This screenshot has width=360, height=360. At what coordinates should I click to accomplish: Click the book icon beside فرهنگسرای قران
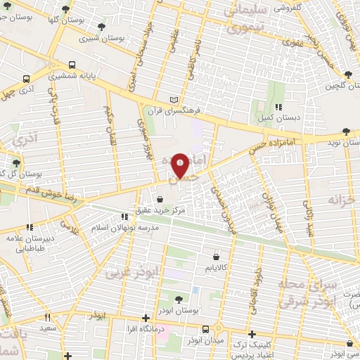(174, 101)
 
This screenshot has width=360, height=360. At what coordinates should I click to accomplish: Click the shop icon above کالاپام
(216, 257)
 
